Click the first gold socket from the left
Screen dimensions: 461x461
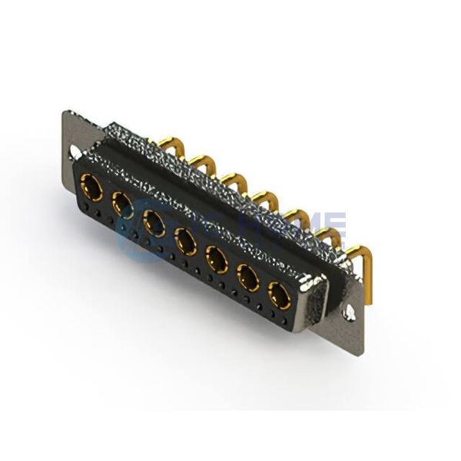point(91,187)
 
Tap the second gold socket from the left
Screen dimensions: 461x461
point(122,204)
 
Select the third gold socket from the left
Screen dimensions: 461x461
point(154,223)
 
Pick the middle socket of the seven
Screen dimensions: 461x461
point(185,240)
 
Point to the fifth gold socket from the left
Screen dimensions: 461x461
point(217,259)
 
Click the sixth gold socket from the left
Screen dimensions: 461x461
point(248,277)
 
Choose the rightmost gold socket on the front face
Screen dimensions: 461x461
point(280,295)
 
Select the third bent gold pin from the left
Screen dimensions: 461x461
point(235,179)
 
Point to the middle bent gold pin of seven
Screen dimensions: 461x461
point(265,197)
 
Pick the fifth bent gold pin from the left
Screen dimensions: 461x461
point(295,216)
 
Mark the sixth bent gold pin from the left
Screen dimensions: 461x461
point(325,234)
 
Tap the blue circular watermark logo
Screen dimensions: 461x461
point(142,230)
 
